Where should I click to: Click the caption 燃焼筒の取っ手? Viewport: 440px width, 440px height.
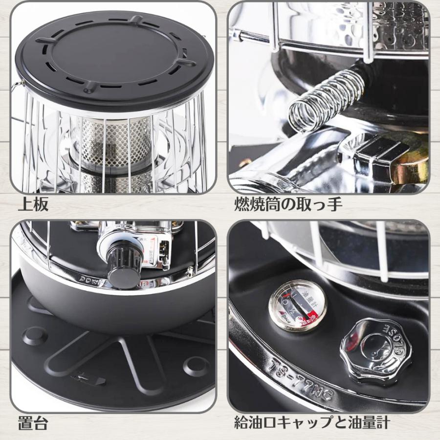pos(288,204)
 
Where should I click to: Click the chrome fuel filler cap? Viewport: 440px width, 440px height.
pos(375,344)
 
